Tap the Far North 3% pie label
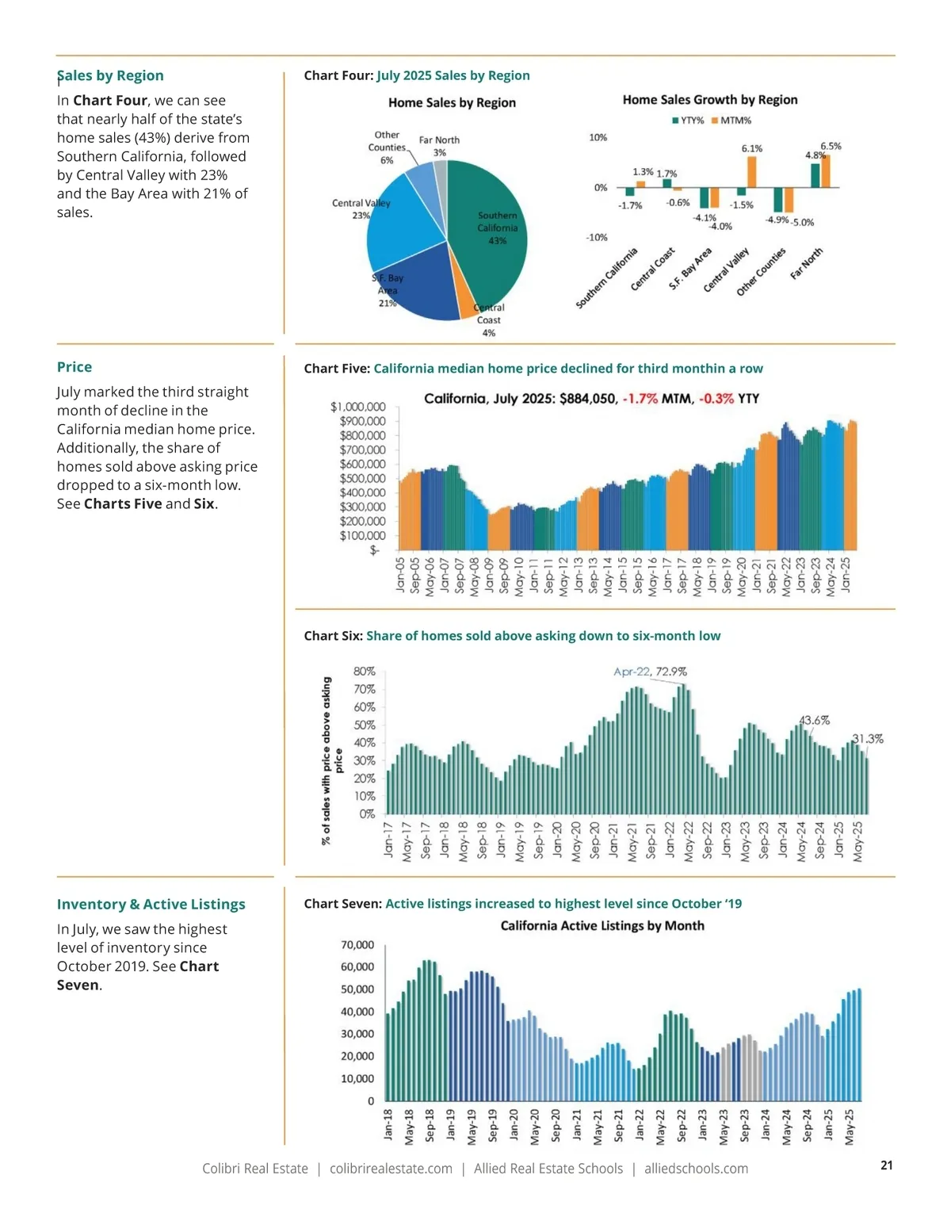(439, 146)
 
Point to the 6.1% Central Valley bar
(751, 171)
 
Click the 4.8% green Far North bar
(815, 175)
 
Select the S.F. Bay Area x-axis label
(690, 269)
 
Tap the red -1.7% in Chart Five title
(640, 399)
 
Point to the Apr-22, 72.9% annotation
(650, 672)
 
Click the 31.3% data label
(867, 738)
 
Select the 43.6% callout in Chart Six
(814, 720)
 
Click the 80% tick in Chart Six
(365, 672)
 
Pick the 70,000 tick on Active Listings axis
(357, 945)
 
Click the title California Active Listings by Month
(602, 925)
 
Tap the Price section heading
(74, 367)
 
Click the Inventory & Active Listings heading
(151, 904)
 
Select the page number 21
(886, 1165)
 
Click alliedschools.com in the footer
(696, 1169)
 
